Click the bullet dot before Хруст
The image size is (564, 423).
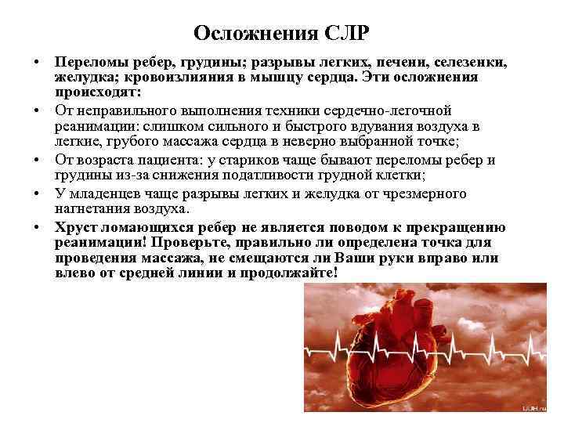pyautogui.click(x=37, y=227)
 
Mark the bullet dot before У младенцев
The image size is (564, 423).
pyautogui.click(x=37, y=193)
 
